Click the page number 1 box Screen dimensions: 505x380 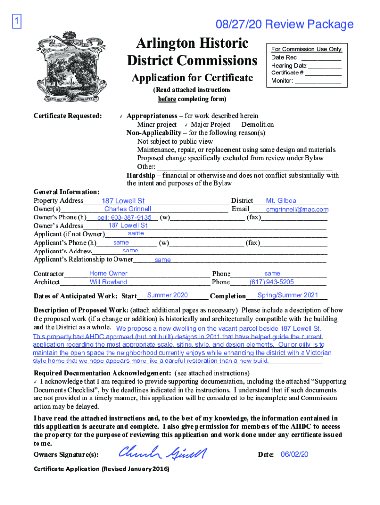[16, 22]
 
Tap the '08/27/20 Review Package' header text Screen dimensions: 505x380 [284, 24]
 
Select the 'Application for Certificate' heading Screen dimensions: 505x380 [192, 78]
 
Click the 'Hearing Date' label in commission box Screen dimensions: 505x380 [289, 66]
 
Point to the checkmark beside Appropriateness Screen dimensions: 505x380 [120, 117]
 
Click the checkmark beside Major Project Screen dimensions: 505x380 [186, 125]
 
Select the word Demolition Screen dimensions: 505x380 [258, 125]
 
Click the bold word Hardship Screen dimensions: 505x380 [141, 175]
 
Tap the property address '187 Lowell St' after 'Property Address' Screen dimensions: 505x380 [123, 201]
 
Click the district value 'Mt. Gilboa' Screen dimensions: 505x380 [281, 201]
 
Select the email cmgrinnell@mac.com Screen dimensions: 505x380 [297, 209]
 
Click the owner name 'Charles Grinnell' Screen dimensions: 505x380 [127, 209]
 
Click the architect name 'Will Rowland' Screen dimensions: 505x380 [108, 282]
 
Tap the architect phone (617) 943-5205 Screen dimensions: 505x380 [271, 282]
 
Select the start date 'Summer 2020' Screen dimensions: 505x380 [167, 295]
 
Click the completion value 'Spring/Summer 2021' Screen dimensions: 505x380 [288, 295]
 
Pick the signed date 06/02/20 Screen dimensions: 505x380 [294, 454]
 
